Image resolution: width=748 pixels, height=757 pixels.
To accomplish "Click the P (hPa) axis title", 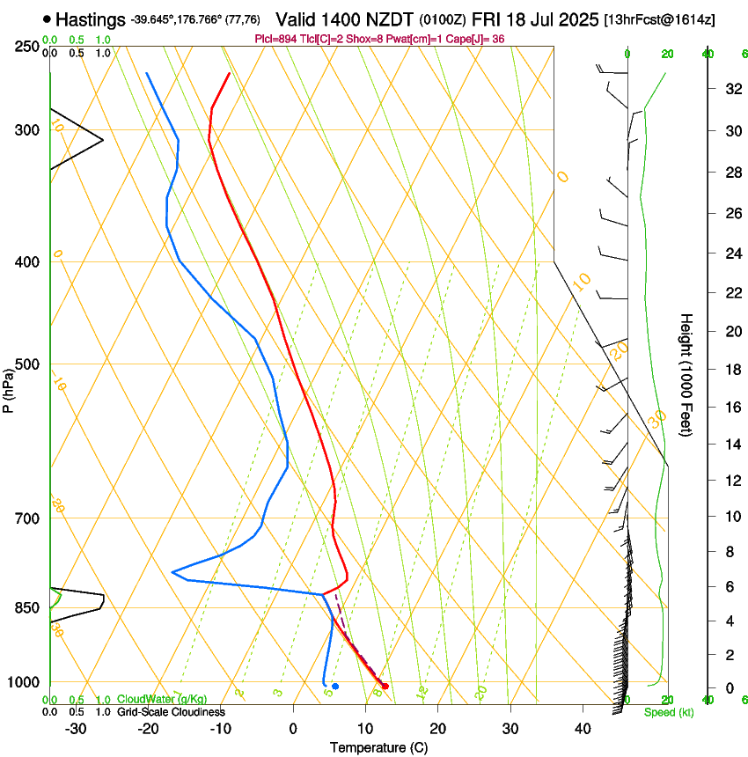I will coord(8,387).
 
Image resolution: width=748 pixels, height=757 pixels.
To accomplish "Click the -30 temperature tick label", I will coord(76,728).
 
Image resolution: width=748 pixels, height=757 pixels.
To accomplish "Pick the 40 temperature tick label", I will coord(582,728).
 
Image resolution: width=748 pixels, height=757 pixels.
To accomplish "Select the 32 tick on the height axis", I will coord(730,88).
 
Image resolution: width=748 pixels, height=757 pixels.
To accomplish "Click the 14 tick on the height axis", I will coord(730,445).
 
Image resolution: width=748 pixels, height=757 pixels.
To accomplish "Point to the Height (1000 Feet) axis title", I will coord(687,375).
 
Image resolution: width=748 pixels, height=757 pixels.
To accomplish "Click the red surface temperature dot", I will coord(385,686).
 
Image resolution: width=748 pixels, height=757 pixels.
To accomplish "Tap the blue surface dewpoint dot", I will coord(335,686).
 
